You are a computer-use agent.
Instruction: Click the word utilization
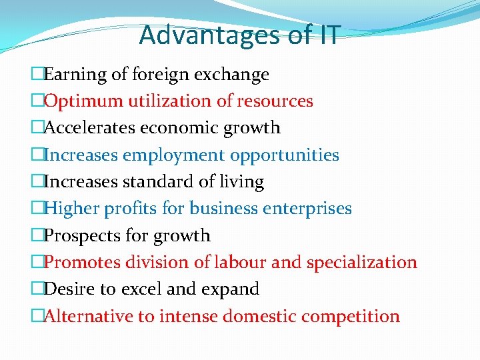pyautogui.click(x=167, y=101)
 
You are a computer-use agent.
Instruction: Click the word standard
pyautogui.click(x=150, y=182)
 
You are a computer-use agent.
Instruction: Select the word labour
pyautogui.click(x=239, y=263)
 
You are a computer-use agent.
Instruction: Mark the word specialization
pyautogui.click(x=361, y=263)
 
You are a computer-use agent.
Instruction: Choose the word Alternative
pyautogui.click(x=89, y=316)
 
